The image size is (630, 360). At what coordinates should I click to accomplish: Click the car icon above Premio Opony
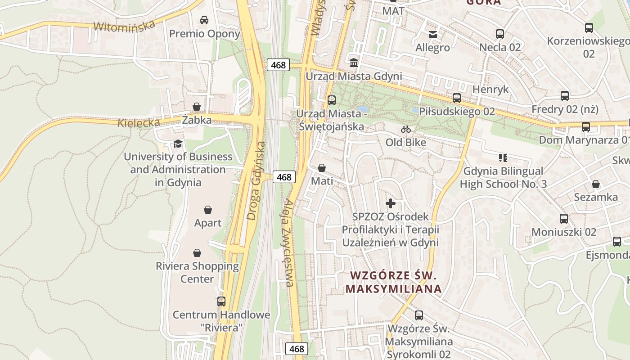pos(204,20)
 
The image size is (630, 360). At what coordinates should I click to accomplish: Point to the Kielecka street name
pos(139,123)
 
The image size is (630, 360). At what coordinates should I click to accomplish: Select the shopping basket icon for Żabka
pos(197,107)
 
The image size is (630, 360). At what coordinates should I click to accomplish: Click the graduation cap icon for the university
pos(178,144)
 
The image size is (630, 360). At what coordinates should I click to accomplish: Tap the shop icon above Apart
pos(208,210)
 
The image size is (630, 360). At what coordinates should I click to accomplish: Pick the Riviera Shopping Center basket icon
pos(197,253)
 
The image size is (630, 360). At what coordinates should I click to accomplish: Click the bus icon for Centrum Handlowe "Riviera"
pos(221,301)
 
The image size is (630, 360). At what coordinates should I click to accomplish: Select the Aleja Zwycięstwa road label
pos(289,243)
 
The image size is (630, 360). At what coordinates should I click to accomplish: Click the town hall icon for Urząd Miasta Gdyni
pos(354,63)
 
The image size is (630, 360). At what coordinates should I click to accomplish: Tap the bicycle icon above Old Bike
pos(406,129)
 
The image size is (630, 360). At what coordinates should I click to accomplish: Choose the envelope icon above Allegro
pos(433,34)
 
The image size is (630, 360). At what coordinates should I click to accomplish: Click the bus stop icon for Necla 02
pos(499,34)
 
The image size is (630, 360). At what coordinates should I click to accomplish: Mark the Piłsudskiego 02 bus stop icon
pos(457,98)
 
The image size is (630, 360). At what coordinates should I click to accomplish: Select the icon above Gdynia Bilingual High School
pos(503,157)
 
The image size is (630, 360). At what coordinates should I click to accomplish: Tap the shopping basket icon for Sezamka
pos(596,184)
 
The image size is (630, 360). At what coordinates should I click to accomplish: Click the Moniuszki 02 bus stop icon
pos(564,219)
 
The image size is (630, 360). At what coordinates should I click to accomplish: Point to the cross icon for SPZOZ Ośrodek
pos(391,203)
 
